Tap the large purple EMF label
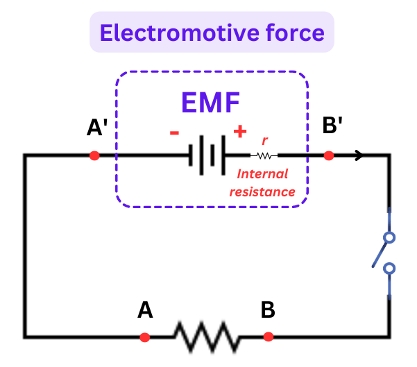210,103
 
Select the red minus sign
175,132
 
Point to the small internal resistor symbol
264,155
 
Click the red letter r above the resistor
264,139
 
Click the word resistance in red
263,191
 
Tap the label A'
96,128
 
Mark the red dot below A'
95,155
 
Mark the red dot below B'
329,155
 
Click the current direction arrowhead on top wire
359,155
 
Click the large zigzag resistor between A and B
206,336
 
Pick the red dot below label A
144,337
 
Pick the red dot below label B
269,337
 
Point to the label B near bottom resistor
268,310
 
